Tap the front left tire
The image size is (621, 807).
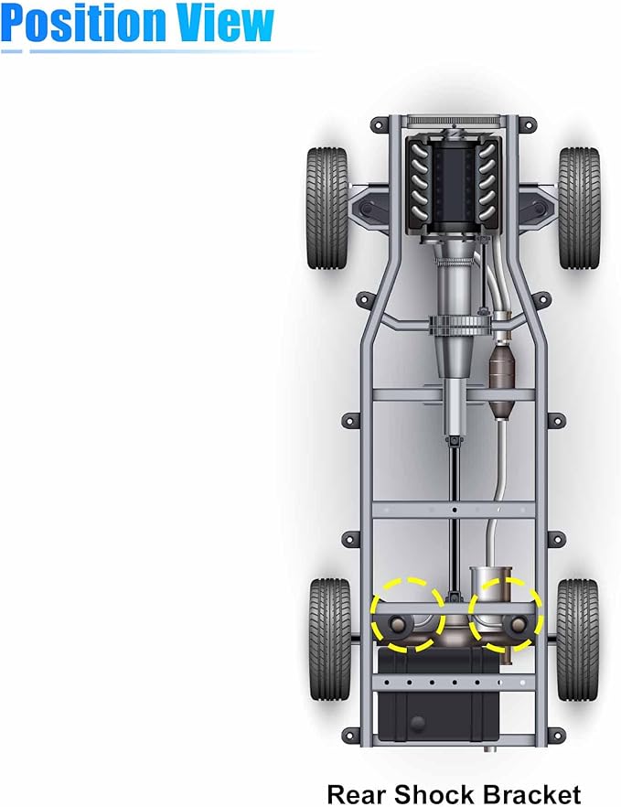tap(327, 208)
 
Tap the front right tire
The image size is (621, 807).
tap(579, 208)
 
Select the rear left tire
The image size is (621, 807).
tap(330, 640)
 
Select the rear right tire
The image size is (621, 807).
tap(578, 640)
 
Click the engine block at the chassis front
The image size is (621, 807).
tap(453, 184)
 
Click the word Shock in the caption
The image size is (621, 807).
tap(435, 793)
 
